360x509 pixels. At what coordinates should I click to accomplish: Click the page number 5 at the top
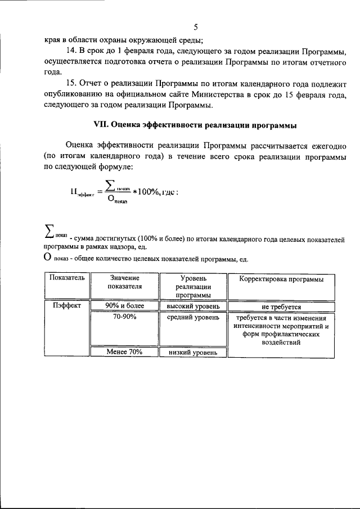(195, 27)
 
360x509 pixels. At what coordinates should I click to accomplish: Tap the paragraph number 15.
(73, 84)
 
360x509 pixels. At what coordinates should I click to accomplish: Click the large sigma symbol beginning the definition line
(49, 231)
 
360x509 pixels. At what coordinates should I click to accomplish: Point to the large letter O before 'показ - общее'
(48, 258)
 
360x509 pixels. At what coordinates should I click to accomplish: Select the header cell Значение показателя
(124, 282)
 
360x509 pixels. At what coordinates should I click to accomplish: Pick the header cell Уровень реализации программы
(193, 286)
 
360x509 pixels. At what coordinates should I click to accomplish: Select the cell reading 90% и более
(124, 306)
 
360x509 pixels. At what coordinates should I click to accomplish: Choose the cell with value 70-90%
(124, 317)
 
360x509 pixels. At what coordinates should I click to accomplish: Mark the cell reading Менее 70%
(124, 352)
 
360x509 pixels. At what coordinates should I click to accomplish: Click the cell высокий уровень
(193, 307)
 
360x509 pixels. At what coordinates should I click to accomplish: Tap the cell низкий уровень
(193, 353)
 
